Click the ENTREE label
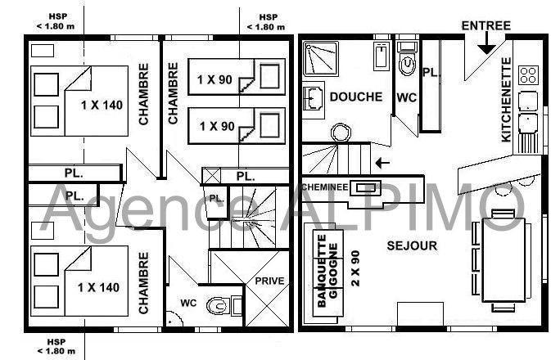[x=486, y=25]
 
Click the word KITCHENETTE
[x=506, y=100]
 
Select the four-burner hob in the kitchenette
[x=528, y=75]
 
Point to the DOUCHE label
[x=356, y=97]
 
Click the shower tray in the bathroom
[x=320, y=59]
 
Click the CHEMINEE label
[x=325, y=187]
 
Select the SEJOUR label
[x=412, y=245]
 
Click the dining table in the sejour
[x=504, y=260]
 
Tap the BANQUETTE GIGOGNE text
[x=327, y=271]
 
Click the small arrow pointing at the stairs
[x=382, y=164]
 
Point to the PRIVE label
[x=269, y=281]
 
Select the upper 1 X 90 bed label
[x=215, y=79]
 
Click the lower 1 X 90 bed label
[x=217, y=126]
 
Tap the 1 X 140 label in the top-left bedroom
[x=102, y=106]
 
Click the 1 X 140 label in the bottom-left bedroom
[x=98, y=287]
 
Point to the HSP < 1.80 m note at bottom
[x=56, y=347]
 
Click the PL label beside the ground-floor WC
[x=430, y=73]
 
